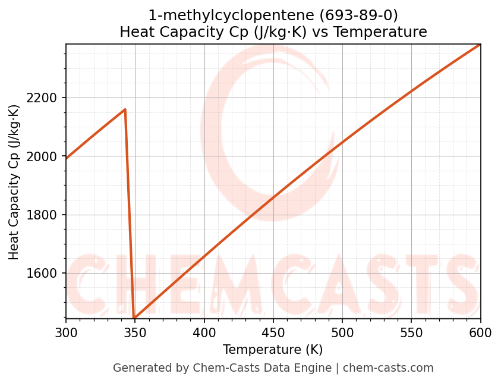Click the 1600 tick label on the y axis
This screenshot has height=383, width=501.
pyautogui.click(x=46, y=274)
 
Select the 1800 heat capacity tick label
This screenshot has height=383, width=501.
pyautogui.click(x=46, y=215)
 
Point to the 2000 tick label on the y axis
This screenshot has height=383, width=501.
pyautogui.click(x=46, y=156)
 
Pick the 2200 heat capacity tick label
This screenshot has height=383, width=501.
pyautogui.click(x=46, y=98)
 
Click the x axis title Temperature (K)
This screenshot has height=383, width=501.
pyautogui.click(x=273, y=350)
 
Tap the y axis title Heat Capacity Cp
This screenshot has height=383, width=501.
pyautogui.click(x=14, y=182)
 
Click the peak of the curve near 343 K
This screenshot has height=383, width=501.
pyautogui.click(x=125, y=109)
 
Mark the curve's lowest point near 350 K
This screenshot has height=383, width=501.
pyautogui.click(x=134, y=318)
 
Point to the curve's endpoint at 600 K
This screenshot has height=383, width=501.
pyautogui.click(x=480, y=45)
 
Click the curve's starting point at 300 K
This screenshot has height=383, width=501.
pyautogui.click(x=66, y=159)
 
